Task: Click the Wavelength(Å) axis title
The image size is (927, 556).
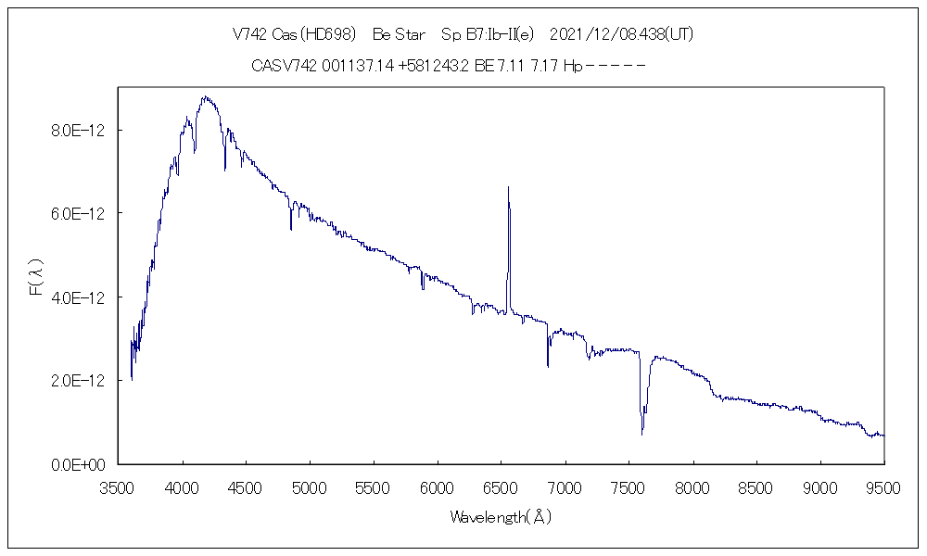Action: point(501,517)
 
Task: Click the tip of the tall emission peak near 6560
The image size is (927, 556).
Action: point(508,187)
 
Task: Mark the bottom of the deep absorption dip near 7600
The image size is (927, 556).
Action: point(641,433)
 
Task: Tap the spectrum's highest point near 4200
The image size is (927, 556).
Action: point(204,96)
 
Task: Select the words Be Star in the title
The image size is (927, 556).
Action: point(400,34)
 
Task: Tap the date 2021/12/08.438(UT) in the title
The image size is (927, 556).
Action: point(622,34)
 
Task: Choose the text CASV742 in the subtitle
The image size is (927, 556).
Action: point(284,66)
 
